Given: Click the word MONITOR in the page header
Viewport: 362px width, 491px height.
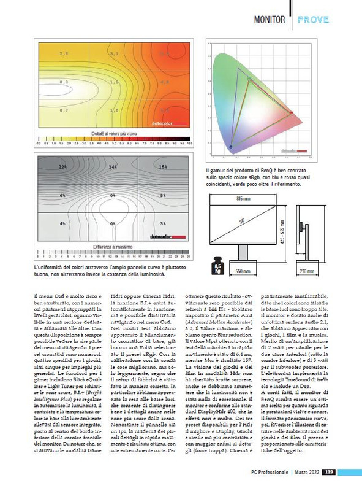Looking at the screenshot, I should pyautogui.click(x=270, y=20).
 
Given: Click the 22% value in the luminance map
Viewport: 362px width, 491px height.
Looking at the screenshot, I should pyautogui.click(x=62, y=166).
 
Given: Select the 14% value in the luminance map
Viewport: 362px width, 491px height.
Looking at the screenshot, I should pyautogui.click(x=113, y=166).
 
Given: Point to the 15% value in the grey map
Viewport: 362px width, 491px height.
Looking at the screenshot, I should pyautogui.click(x=163, y=166).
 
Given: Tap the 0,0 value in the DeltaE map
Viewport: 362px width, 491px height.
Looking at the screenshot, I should pyautogui.click(x=64, y=81).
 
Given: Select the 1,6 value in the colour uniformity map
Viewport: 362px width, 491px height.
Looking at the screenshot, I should pyautogui.click(x=114, y=110).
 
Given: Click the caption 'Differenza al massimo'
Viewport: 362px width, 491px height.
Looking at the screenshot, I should pyautogui.click(x=113, y=246).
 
